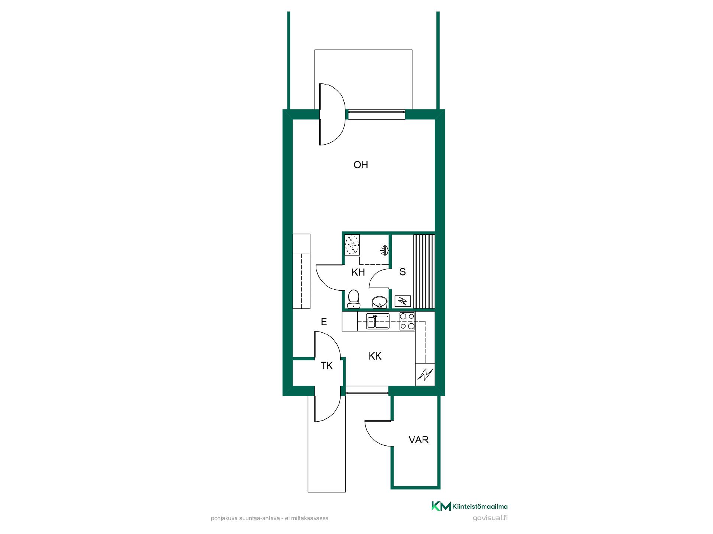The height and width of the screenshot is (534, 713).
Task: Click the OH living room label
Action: [361, 165]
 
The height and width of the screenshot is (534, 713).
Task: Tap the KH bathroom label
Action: [358, 273]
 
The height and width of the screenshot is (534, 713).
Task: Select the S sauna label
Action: [403, 272]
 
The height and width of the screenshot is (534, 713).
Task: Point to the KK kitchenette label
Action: [375, 356]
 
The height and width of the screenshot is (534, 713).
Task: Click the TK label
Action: [327, 366]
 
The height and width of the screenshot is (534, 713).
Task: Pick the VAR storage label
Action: [419, 440]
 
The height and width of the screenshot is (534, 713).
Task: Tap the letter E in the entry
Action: [324, 322]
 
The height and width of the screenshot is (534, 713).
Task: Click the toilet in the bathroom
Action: [354, 299]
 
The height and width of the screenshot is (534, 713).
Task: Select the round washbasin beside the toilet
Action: [380, 302]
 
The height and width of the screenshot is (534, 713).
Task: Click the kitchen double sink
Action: [378, 321]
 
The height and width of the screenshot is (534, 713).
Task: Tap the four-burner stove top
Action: [407, 321]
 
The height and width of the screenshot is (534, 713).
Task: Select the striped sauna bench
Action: [424, 272]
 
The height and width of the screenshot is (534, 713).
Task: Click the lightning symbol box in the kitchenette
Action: [425, 375]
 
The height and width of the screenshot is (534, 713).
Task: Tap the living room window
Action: [377, 114]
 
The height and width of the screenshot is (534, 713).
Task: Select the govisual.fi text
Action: [490, 518]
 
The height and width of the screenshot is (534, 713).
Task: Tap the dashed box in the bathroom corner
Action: [352, 245]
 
